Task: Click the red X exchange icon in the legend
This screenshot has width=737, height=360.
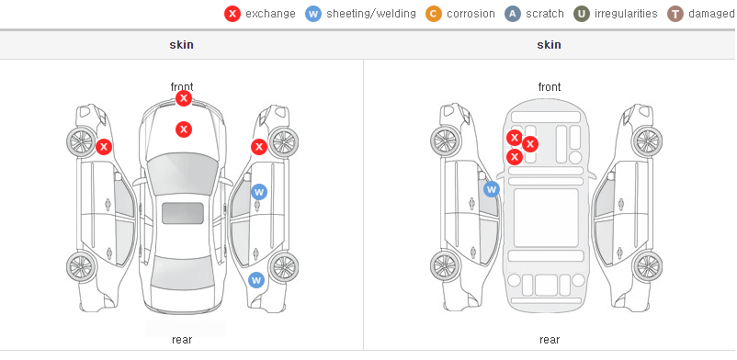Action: [x=232, y=14]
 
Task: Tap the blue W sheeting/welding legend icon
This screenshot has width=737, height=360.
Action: [x=313, y=14]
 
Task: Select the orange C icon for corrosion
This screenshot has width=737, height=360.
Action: [x=434, y=14]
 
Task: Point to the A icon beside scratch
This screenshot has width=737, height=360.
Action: [x=513, y=14]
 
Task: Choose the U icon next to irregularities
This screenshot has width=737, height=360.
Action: [x=582, y=14]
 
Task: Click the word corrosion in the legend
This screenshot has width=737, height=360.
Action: [x=471, y=14]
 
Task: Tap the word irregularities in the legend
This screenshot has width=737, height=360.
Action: [x=626, y=14]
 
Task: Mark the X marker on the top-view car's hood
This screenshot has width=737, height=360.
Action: [x=184, y=129]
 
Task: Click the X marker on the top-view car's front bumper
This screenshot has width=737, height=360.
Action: [x=184, y=98]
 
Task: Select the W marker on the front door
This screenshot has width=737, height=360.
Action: [x=259, y=192]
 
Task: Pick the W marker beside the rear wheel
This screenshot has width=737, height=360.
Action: [x=256, y=281]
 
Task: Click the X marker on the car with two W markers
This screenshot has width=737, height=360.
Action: [x=259, y=147]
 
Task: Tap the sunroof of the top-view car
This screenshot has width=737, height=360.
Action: [x=183, y=213]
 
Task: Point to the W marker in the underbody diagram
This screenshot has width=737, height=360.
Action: [x=492, y=189]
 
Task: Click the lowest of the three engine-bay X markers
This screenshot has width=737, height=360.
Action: [x=515, y=156]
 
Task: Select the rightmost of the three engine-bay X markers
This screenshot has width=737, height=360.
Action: [x=530, y=144]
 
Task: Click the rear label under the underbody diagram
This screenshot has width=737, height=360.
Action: [x=550, y=340]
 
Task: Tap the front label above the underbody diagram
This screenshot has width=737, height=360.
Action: [x=550, y=87]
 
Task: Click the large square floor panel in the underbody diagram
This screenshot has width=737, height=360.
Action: [x=546, y=218]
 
